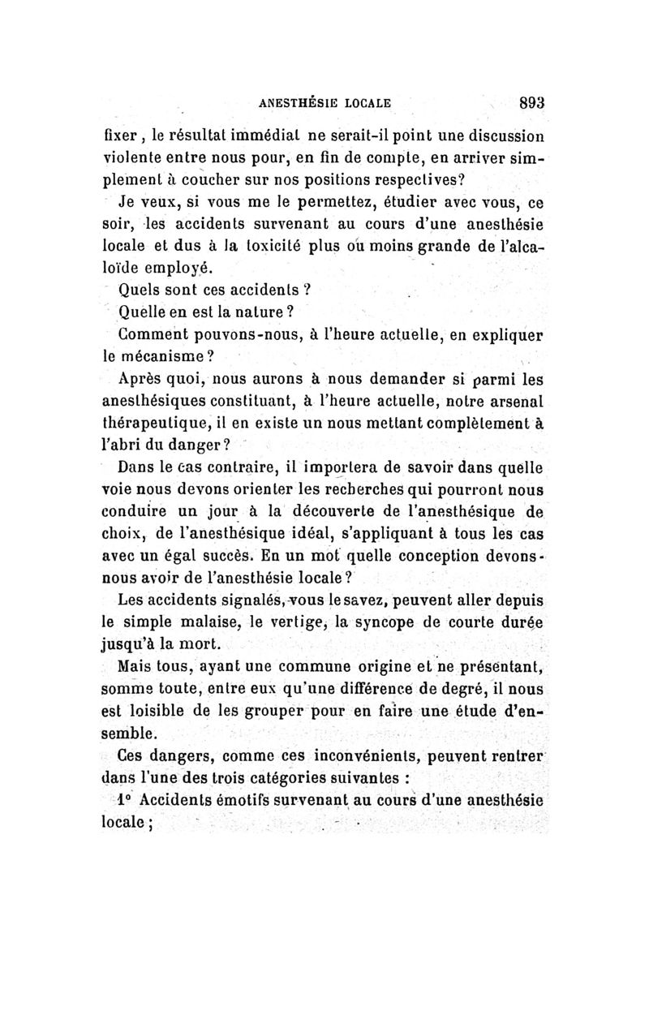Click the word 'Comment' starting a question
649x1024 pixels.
(x=148, y=333)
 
